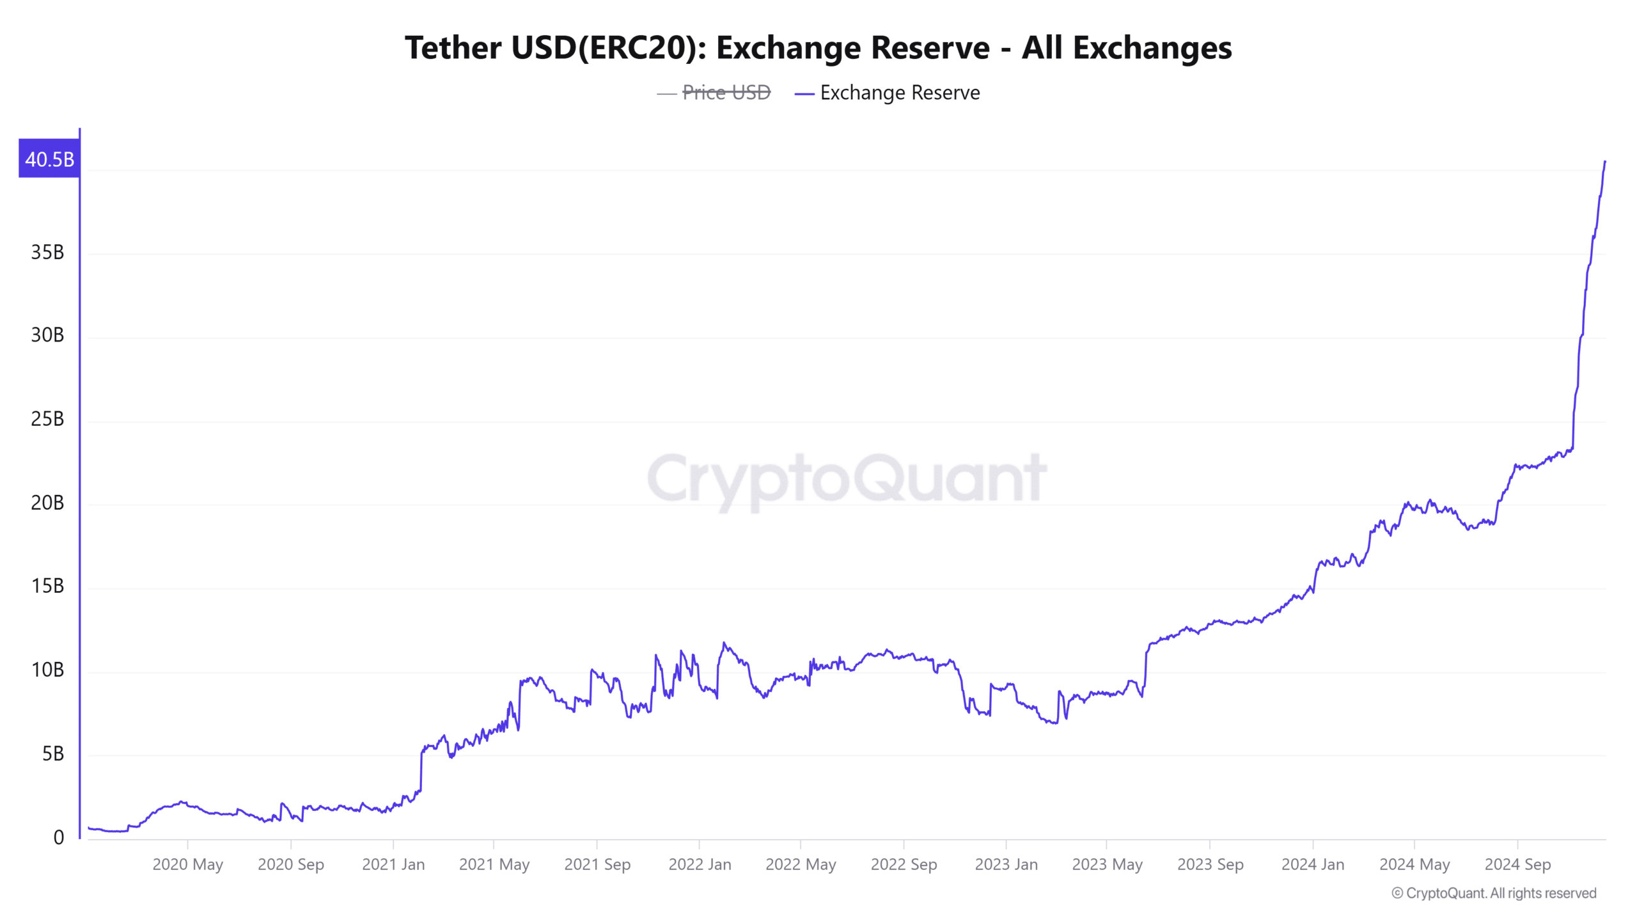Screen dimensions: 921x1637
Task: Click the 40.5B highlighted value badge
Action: point(49,159)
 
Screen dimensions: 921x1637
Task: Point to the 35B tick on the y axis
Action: point(47,253)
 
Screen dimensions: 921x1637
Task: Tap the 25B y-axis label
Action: point(47,420)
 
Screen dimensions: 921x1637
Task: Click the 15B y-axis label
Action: point(47,586)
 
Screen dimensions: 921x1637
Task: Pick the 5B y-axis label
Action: point(52,754)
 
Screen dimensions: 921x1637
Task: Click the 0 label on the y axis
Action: point(58,838)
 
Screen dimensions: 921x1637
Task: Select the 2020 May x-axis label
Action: point(187,865)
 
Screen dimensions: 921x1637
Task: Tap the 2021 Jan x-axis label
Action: point(393,865)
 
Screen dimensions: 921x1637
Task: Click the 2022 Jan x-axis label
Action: point(700,865)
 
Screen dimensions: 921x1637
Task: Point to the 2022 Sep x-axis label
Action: point(904,865)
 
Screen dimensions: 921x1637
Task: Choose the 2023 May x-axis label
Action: point(1107,865)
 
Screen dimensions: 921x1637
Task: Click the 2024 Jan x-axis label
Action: point(1313,865)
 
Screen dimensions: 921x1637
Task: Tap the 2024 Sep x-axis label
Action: point(1517,865)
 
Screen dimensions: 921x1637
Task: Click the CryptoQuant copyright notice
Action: point(1494,893)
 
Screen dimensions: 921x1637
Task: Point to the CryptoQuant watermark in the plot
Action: point(847,478)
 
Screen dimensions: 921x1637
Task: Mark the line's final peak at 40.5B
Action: point(1605,162)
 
